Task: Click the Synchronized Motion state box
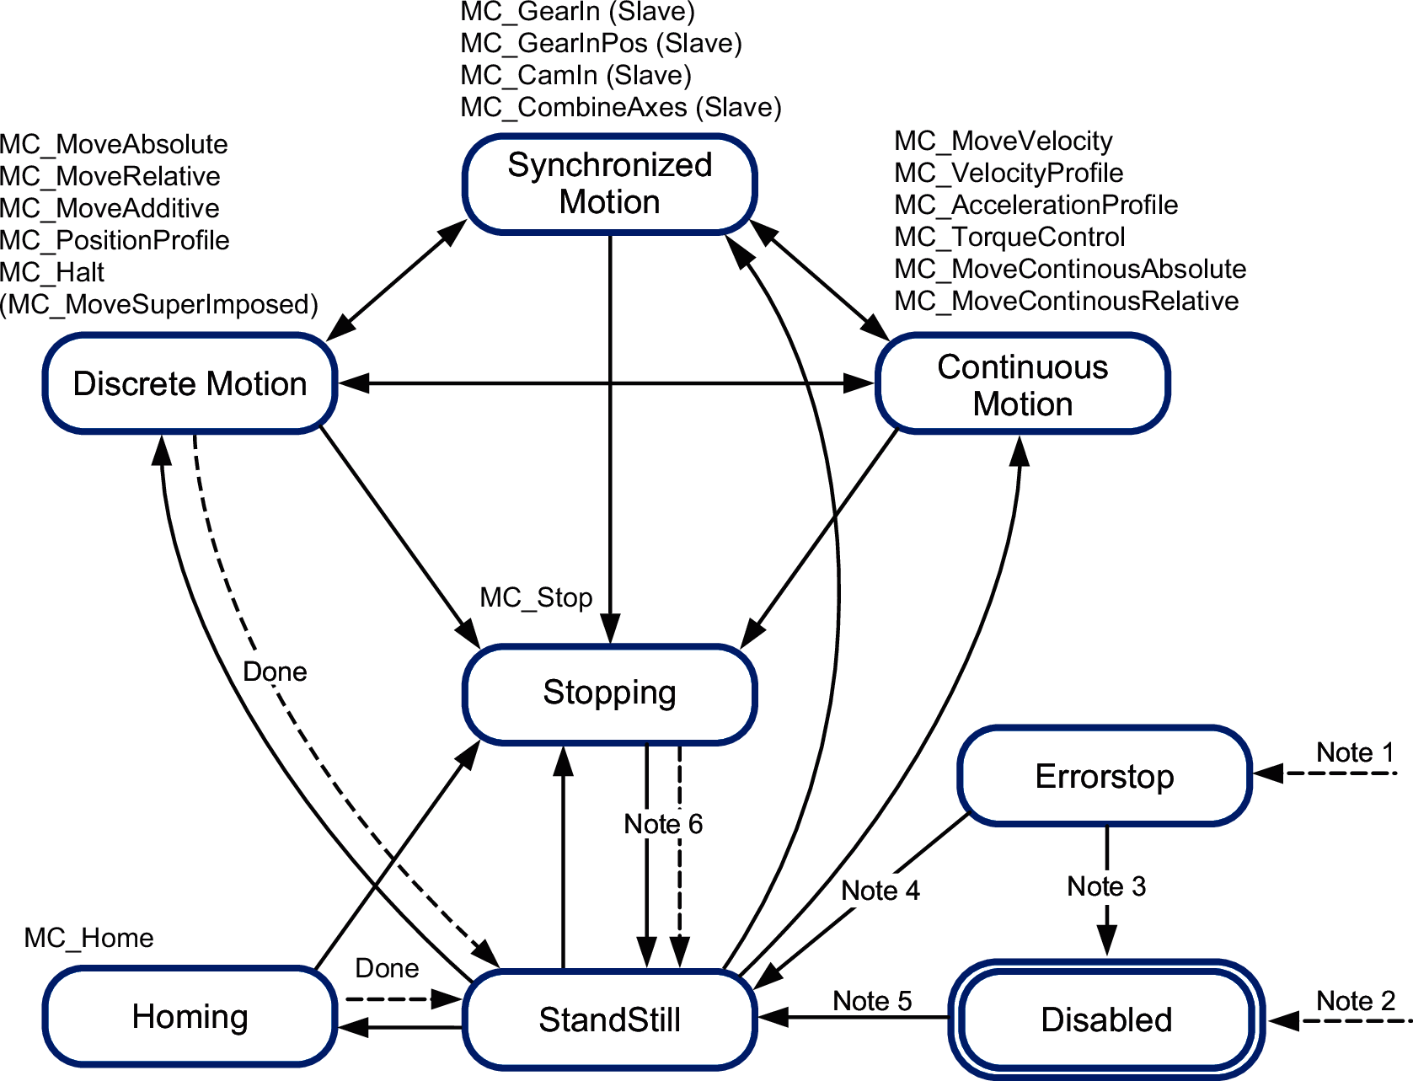pos(609,184)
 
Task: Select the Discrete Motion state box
pos(190,384)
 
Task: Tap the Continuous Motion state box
pos(1022,385)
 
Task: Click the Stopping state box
pos(609,693)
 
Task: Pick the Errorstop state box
pos(1104,776)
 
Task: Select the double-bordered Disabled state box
pos(1106,1019)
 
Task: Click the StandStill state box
pos(609,1019)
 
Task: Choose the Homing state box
pos(190,1017)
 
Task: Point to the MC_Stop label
pos(536,597)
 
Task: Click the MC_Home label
pos(88,938)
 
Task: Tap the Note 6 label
pos(663,824)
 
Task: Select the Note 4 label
pos(880,891)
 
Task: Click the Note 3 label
pos(1106,886)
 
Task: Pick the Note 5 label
pos(872,1001)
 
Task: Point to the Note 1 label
pos(1355,752)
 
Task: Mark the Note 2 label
pos(1356,1001)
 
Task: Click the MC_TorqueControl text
pos(1009,237)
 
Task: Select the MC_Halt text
pos(52,272)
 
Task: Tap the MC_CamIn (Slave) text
pos(575,75)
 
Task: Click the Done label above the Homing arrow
pos(387,968)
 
